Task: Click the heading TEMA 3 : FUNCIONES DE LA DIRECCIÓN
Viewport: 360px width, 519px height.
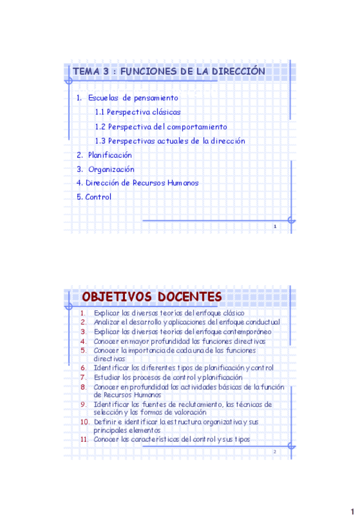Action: click(168, 72)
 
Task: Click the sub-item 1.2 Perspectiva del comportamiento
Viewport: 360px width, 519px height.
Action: click(160, 127)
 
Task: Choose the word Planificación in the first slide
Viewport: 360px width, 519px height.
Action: click(110, 155)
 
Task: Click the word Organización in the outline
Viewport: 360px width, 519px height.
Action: click(111, 170)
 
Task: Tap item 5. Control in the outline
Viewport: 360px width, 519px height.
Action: click(94, 197)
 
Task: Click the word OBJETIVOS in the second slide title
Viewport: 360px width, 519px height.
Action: click(116, 297)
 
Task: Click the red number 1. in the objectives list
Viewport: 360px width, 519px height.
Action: click(83, 313)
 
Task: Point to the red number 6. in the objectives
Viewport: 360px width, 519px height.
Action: click(83, 368)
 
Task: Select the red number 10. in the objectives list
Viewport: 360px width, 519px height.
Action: click(84, 422)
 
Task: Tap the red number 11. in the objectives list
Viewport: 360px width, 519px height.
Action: click(84, 440)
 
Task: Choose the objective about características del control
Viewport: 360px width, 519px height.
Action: click(171, 440)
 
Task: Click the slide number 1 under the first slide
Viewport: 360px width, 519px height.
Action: click(275, 227)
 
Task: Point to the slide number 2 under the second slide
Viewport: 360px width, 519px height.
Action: click(275, 452)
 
